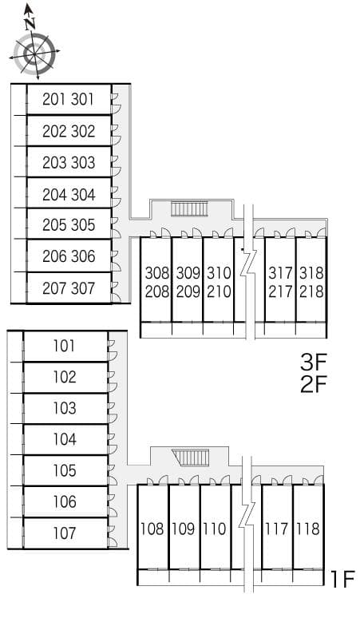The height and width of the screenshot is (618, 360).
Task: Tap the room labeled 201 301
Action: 69,100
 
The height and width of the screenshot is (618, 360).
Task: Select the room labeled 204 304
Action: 69,194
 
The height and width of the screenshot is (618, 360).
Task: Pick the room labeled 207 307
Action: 69,288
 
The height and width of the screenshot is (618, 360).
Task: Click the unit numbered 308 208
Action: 157,282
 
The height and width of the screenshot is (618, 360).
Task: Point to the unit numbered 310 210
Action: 219,282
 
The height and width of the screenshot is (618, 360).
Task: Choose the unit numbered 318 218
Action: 311,282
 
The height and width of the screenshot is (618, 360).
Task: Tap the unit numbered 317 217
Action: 280,282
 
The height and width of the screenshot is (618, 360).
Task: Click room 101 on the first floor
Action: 65,346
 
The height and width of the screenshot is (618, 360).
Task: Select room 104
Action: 65,439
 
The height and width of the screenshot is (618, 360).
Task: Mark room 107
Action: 65,533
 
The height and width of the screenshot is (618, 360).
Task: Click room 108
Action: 152,528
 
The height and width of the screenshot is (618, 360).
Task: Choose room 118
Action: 307,528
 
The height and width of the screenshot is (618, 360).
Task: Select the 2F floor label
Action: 314,385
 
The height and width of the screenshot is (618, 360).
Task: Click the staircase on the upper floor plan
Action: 189,209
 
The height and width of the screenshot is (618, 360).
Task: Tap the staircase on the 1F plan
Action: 192,458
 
